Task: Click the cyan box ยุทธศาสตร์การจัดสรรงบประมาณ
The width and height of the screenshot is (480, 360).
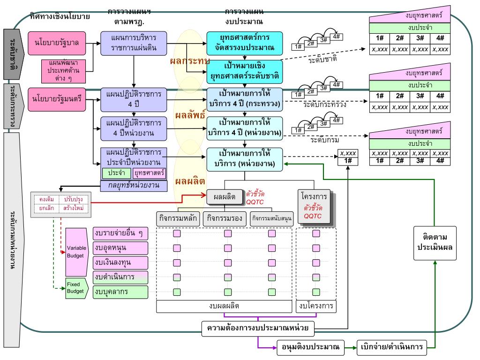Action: [245, 43]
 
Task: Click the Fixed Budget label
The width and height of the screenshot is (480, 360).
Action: [75, 287]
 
